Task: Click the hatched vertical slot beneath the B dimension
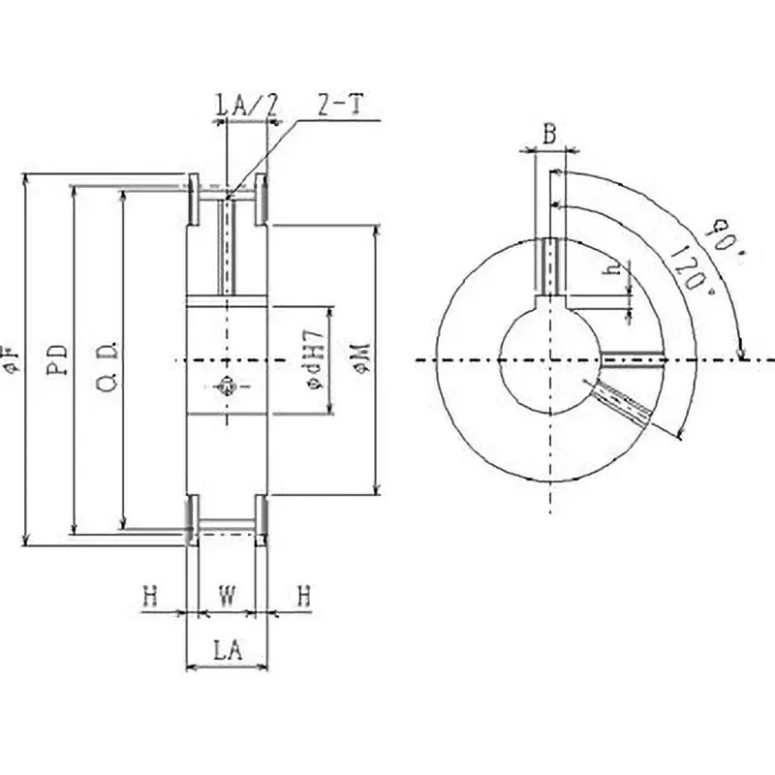tap(549, 266)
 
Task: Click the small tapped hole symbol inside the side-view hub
tap(226, 385)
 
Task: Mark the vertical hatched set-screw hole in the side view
tap(227, 247)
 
